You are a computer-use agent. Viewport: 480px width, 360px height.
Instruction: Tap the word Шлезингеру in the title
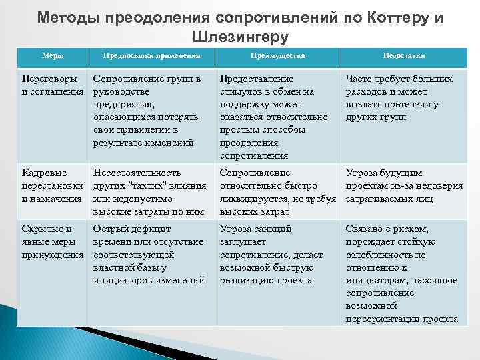240,36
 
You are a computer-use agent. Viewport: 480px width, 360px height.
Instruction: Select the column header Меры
53,57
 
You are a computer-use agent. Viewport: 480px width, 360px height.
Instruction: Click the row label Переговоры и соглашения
53,85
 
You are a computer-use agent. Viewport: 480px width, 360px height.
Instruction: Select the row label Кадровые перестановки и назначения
53,185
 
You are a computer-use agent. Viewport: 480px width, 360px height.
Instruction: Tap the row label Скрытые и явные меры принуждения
53,241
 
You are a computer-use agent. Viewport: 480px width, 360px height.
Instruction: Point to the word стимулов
241,91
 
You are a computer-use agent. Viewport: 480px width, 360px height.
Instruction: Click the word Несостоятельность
137,173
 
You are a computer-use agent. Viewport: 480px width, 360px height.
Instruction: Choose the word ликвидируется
256,199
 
